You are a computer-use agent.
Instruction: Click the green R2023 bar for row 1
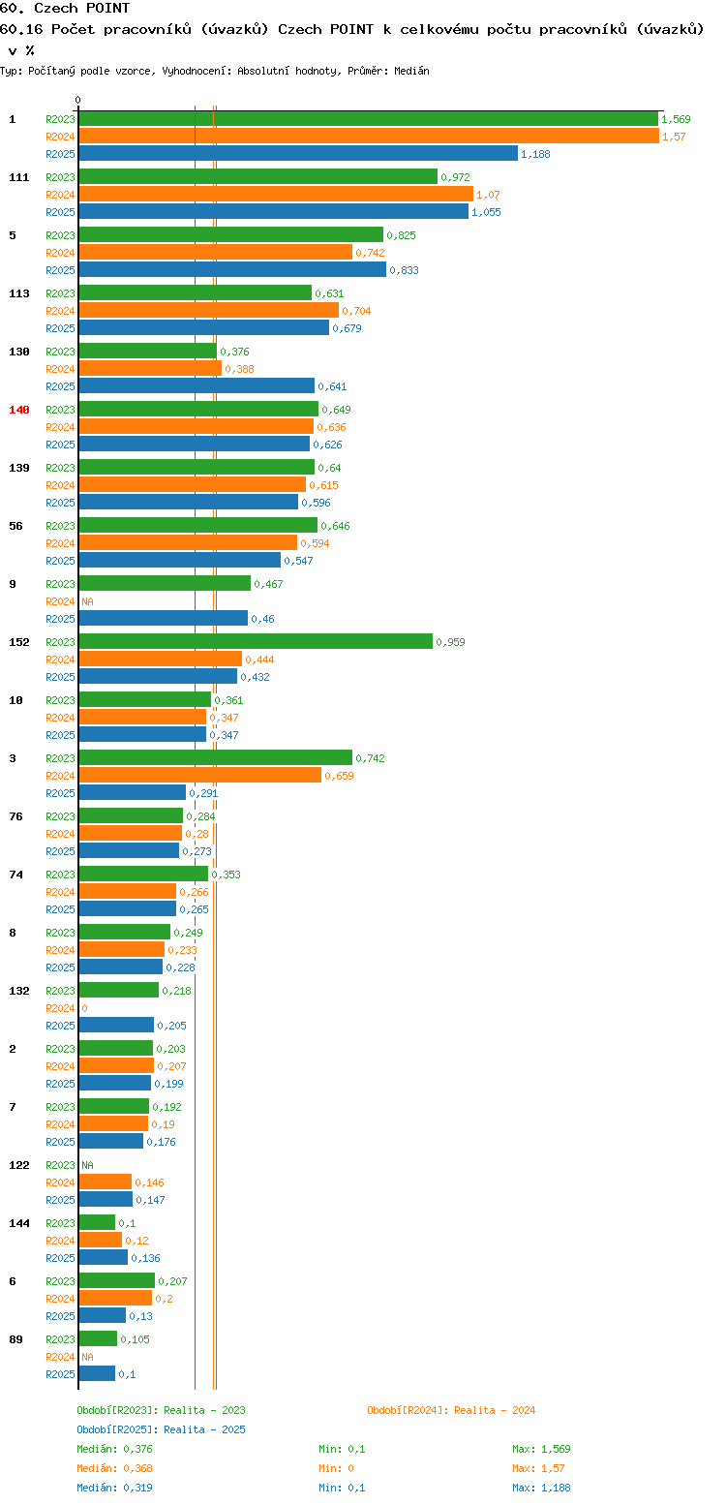368,119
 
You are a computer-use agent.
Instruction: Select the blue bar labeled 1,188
298,154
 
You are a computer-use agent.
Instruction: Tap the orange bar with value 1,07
276,194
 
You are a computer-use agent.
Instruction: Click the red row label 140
18,410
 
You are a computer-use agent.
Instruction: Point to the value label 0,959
450,642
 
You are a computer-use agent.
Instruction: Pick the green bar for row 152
256,642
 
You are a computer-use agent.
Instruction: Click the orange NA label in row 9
87,601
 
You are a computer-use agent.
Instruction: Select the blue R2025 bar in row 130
197,386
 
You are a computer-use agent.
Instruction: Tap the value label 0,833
404,270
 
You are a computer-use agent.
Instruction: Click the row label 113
18,293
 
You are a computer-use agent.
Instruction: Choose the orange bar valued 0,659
200,776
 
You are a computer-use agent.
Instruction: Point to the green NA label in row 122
87,1165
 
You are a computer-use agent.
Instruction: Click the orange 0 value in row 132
84,1008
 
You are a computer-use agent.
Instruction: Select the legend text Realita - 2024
495,1410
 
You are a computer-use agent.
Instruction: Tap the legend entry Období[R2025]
117,1429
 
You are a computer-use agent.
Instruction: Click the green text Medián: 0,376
114,1449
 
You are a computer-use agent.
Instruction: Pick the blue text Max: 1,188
541,1488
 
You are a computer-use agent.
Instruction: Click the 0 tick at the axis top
77,100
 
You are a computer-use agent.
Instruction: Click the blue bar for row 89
98,1374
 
